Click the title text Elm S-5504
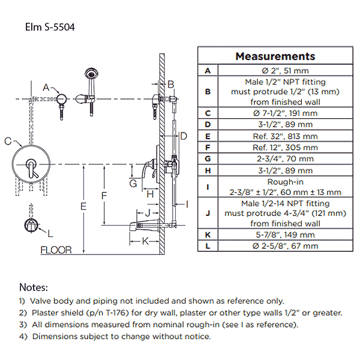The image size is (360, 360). click(x=50, y=27)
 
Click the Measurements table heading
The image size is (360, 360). click(x=275, y=56)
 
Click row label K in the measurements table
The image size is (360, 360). click(x=208, y=235)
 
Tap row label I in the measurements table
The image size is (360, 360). click(x=208, y=187)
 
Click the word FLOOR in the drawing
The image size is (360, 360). click(x=56, y=250)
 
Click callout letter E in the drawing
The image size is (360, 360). click(x=83, y=206)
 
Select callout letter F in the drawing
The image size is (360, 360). click(x=104, y=196)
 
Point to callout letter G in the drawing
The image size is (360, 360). click(x=133, y=183)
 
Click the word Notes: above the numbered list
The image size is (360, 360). click(x=34, y=288)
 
